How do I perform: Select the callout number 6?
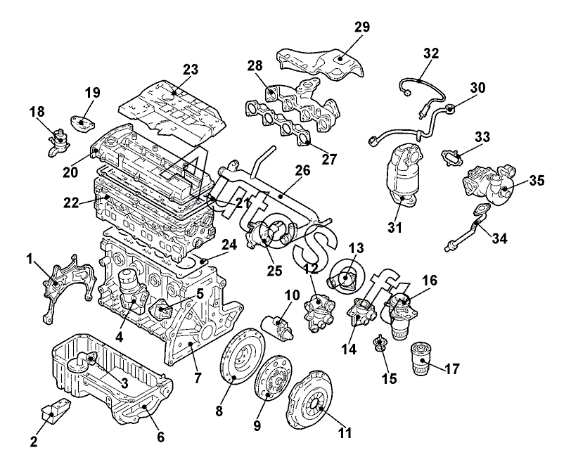click(x=160, y=437)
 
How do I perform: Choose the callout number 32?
click(x=431, y=53)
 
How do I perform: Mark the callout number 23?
click(x=191, y=70)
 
